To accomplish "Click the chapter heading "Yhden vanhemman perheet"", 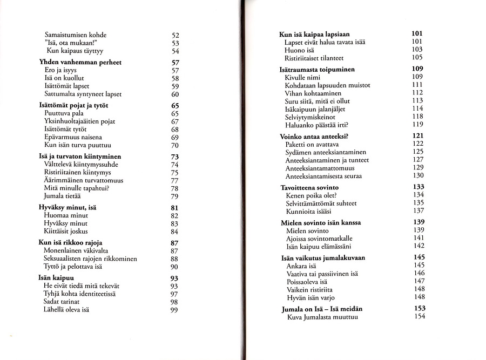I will coord(80,63).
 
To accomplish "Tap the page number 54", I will coord(174,51).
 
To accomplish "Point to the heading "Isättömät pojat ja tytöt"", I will coord(78,106).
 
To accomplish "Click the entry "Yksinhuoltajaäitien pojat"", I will coord(79,122).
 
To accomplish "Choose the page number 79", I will coord(174,196).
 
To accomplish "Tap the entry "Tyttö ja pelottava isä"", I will coord(73,267).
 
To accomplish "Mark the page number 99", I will coord(174,310).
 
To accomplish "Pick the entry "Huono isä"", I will coord(300,50).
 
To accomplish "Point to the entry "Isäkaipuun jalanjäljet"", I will coord(315,109).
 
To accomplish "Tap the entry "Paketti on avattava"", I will coord(313,145).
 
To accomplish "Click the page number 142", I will coord(418,246).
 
